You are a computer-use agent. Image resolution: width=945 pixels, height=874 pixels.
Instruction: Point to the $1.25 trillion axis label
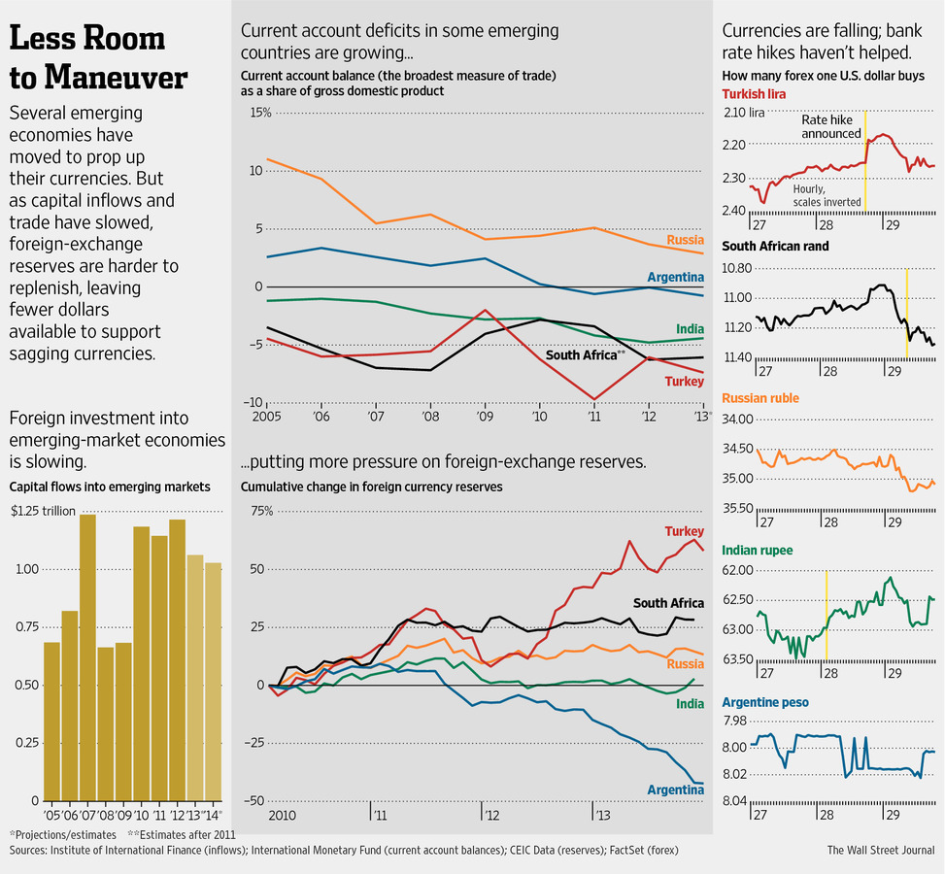[x=39, y=511]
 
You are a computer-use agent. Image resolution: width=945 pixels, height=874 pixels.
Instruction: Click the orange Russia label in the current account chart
[x=685, y=240]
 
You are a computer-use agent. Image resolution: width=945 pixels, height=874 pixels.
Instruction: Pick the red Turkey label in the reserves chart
[x=684, y=531]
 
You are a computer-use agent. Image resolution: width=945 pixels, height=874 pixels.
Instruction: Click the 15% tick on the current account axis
[x=261, y=113]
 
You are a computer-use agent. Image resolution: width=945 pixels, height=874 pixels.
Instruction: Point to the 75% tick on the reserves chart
[x=261, y=511]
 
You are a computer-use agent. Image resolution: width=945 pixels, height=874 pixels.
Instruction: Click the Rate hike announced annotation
[x=830, y=126]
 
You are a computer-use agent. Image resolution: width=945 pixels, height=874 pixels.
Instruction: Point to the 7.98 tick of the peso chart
[x=734, y=721]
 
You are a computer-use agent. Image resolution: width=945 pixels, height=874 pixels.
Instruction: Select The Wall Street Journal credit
[x=880, y=850]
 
